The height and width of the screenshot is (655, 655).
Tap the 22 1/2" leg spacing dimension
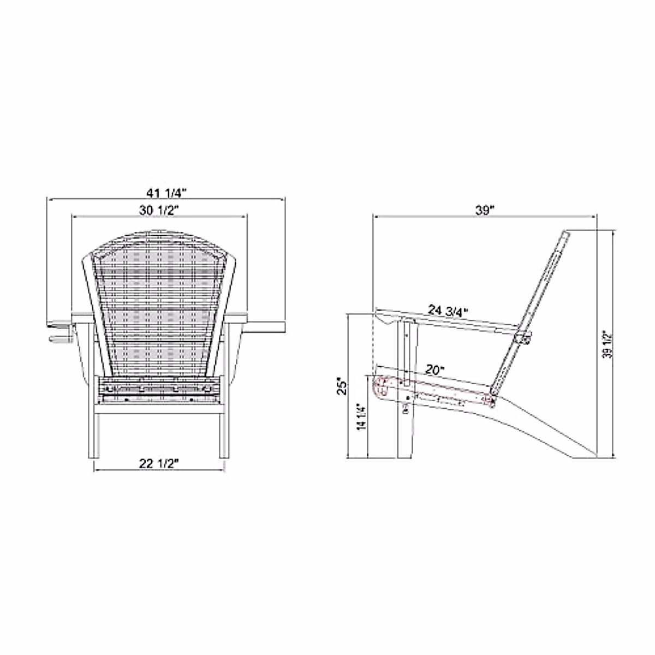click(x=159, y=463)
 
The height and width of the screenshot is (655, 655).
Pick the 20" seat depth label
click(x=435, y=370)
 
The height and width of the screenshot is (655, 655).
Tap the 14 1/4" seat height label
click(x=361, y=418)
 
